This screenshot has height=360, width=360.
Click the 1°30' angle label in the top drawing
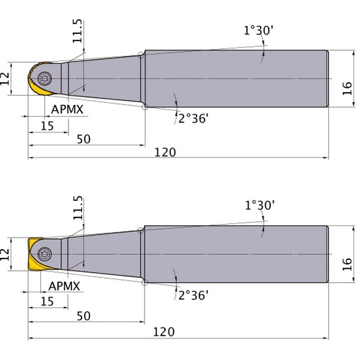click(258, 31)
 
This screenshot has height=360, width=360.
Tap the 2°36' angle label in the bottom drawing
click(194, 295)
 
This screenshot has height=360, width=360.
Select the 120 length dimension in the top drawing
click(165, 153)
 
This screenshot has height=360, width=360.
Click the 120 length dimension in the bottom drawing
click(164, 332)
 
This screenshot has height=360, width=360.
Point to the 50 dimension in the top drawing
click(84, 139)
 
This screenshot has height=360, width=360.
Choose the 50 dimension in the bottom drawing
click(84, 316)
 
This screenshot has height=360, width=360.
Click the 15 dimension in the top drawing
click(47, 126)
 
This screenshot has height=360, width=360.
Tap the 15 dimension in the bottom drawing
click(47, 302)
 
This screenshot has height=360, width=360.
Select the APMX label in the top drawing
click(67, 109)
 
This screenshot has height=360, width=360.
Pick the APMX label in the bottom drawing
click(64, 286)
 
